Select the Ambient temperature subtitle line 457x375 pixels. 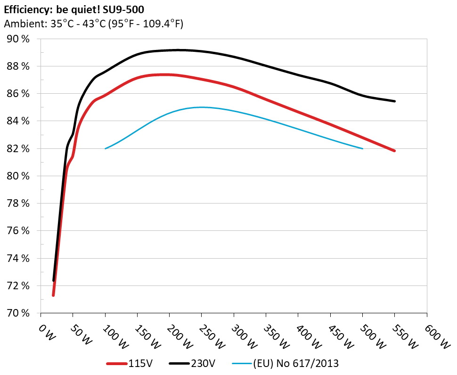point(93,24)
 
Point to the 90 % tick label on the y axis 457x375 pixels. point(18,39)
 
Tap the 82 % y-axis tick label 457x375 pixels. point(18,149)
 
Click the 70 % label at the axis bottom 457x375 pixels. point(18,313)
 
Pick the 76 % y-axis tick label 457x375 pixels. point(18,231)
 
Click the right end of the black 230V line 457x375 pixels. point(394,101)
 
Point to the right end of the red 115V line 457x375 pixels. point(394,151)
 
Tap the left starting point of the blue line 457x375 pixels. point(105,149)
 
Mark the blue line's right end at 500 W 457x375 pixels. point(362,149)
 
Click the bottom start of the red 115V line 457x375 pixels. point(53,295)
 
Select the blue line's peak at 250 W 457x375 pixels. point(202,107)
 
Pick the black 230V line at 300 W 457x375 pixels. point(234,57)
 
